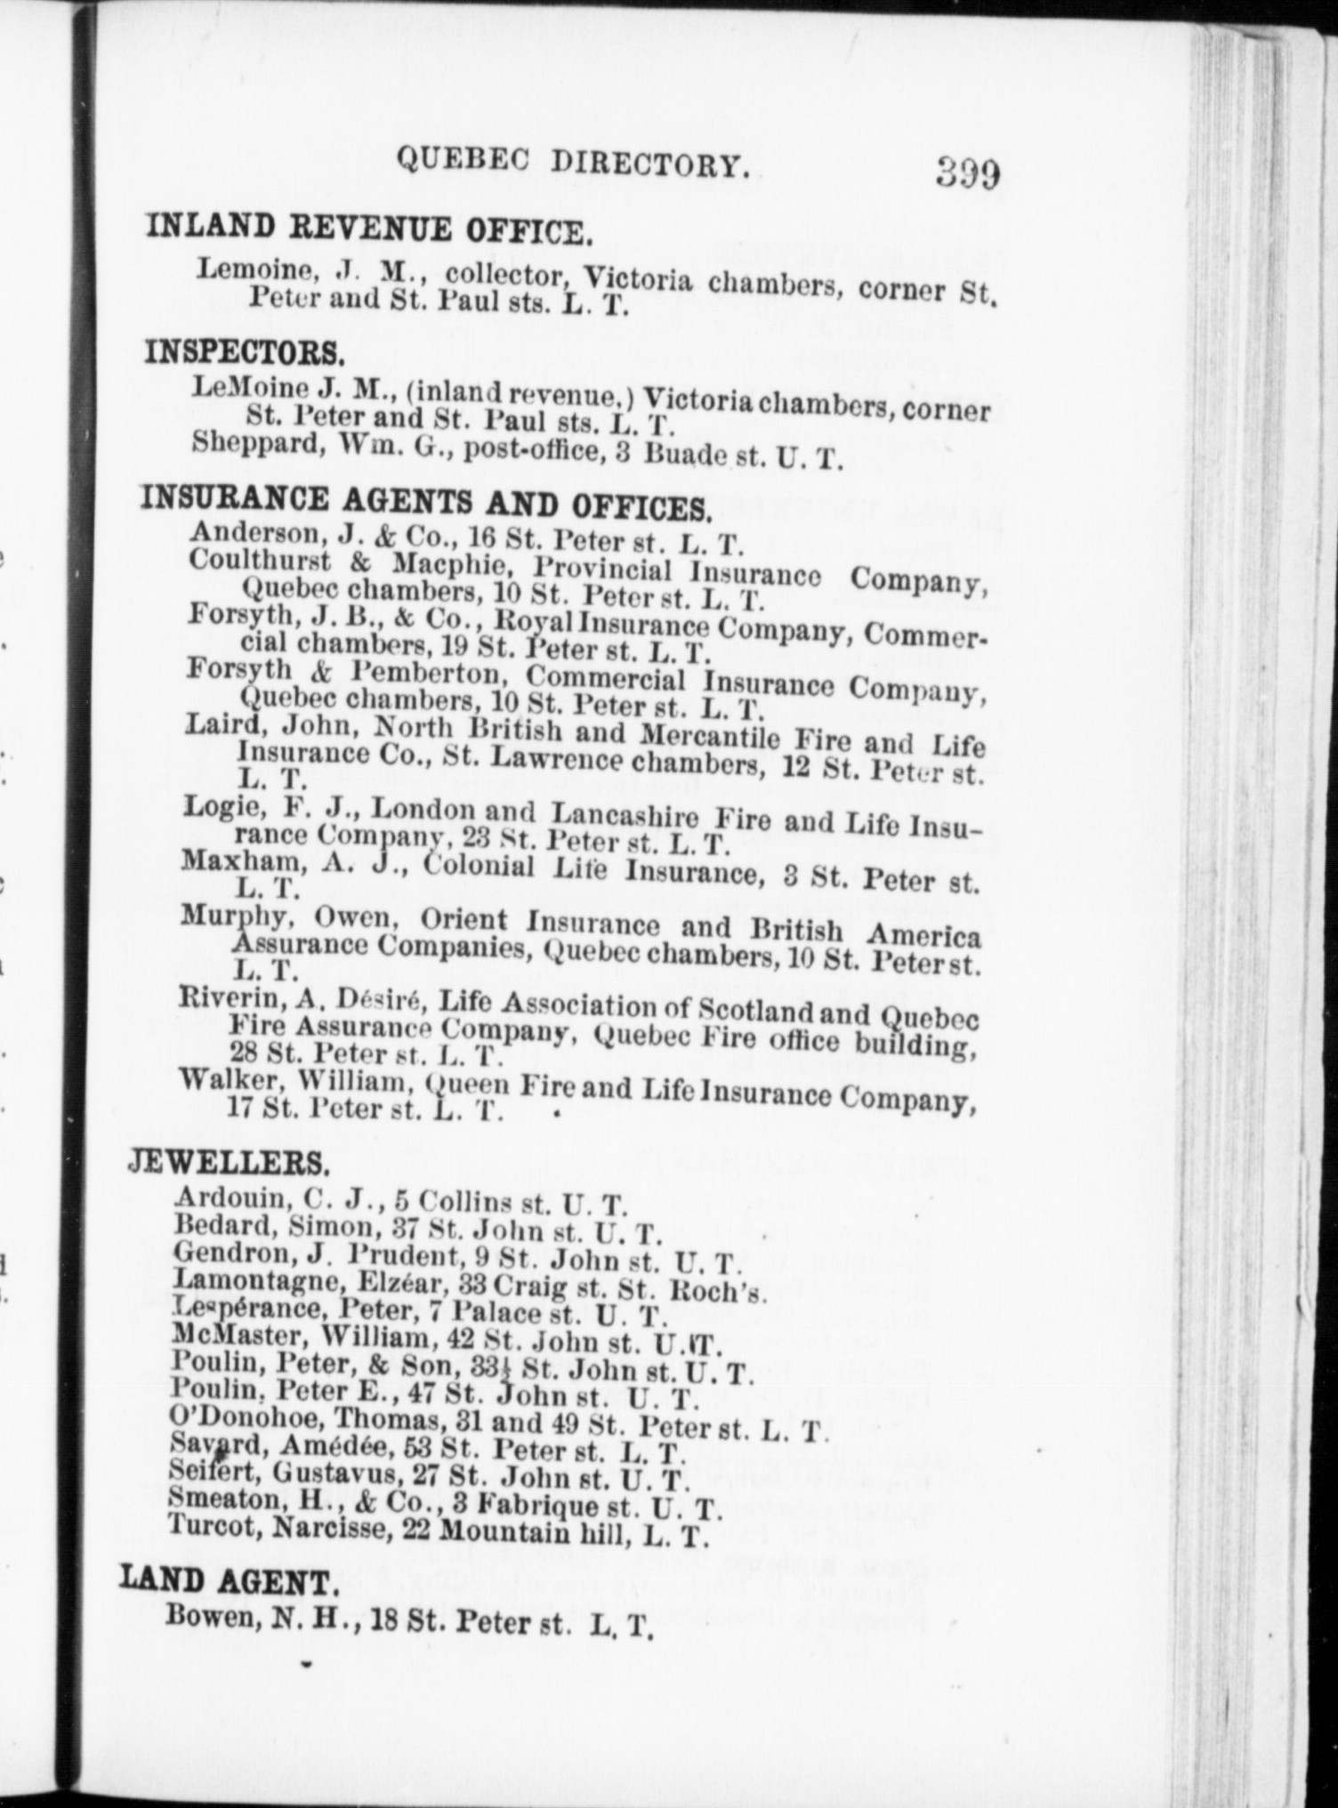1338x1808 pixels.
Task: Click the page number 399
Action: click(x=967, y=171)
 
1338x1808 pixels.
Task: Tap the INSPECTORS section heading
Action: click(x=245, y=353)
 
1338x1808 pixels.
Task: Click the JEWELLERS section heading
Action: click(x=230, y=1162)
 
